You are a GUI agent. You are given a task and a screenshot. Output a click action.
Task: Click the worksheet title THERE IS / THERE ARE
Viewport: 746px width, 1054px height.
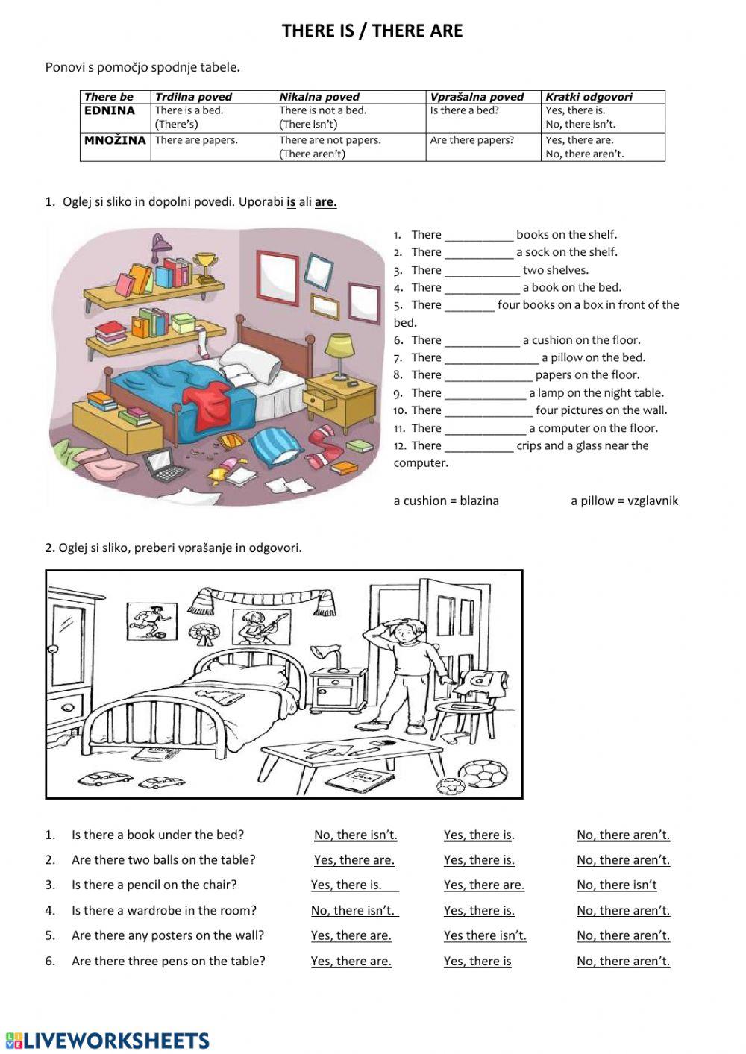pos(372,31)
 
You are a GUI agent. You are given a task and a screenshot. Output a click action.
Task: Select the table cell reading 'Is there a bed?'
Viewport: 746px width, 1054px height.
pos(464,110)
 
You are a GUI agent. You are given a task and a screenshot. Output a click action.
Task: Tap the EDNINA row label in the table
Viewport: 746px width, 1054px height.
pos(110,110)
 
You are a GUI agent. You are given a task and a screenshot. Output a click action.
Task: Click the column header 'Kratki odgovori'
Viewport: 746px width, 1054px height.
pos(589,97)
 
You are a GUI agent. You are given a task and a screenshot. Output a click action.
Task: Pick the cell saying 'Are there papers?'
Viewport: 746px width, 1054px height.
pos(471,139)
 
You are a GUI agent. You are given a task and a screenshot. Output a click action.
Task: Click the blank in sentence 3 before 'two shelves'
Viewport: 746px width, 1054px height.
pos(482,271)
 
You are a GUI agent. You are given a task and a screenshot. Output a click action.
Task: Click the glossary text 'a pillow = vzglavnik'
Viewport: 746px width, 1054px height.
pos(624,501)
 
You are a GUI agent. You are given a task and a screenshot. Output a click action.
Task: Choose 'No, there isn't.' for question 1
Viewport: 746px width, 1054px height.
pos(355,835)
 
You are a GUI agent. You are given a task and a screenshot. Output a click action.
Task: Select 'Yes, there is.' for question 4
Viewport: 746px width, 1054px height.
pos(479,910)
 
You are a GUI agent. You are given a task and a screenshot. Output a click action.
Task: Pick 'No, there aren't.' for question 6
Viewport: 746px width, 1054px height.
pos(623,961)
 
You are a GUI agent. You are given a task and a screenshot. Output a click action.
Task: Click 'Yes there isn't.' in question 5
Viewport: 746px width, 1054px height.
pos(485,935)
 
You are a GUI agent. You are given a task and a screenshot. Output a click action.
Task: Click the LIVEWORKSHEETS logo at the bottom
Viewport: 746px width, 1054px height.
pos(107,1041)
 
